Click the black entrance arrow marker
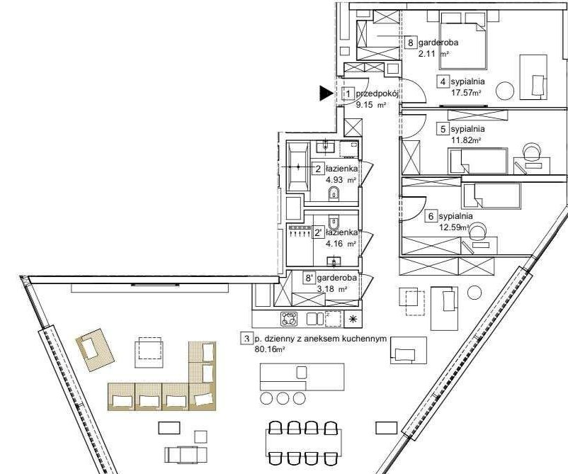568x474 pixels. point(326,94)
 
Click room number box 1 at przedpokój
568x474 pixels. point(348,94)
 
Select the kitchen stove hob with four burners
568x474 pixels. point(289,319)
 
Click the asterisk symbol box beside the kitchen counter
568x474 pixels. point(352,319)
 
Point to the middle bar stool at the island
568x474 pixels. point(283,398)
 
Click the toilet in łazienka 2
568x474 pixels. point(334,193)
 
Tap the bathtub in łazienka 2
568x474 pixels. point(298,167)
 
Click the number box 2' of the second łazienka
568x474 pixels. point(319,232)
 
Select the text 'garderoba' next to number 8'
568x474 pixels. point(337,278)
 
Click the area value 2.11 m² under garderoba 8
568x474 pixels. point(433,55)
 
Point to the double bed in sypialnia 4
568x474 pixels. point(463,40)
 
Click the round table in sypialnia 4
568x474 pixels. point(504,91)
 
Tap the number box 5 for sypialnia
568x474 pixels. point(443,130)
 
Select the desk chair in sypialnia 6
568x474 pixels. point(478,232)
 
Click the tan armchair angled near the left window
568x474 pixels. point(95,350)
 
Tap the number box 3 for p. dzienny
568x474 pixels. point(246,339)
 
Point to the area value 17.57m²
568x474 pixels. point(466,92)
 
